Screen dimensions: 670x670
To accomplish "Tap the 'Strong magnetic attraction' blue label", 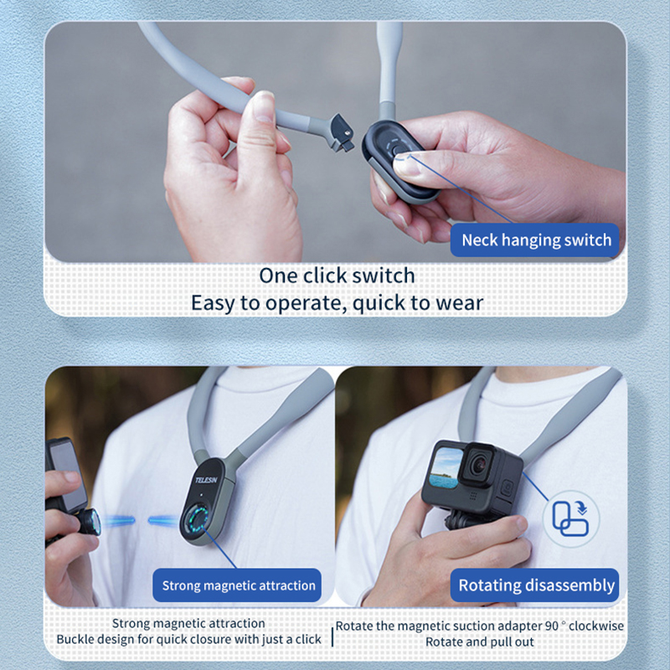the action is coord(237,585).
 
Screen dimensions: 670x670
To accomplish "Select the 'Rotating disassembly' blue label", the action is coord(535,585).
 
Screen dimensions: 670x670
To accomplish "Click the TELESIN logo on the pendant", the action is coord(206,480).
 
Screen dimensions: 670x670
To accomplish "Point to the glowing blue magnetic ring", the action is coord(196,518).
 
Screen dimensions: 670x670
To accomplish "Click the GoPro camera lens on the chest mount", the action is coord(478,466).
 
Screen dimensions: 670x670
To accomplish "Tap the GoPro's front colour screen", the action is coord(446,468).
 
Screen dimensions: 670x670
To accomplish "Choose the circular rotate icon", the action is coord(571,518).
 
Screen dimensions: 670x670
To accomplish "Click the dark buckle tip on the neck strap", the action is coord(343,133).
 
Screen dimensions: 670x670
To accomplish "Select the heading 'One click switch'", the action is coord(338,276).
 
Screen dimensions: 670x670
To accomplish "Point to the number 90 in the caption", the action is coord(552,626).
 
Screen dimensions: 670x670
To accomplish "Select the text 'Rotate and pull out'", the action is coord(479,642).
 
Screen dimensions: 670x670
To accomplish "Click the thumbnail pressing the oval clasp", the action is coord(406,164).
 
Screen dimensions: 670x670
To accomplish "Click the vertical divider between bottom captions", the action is coord(332,636).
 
